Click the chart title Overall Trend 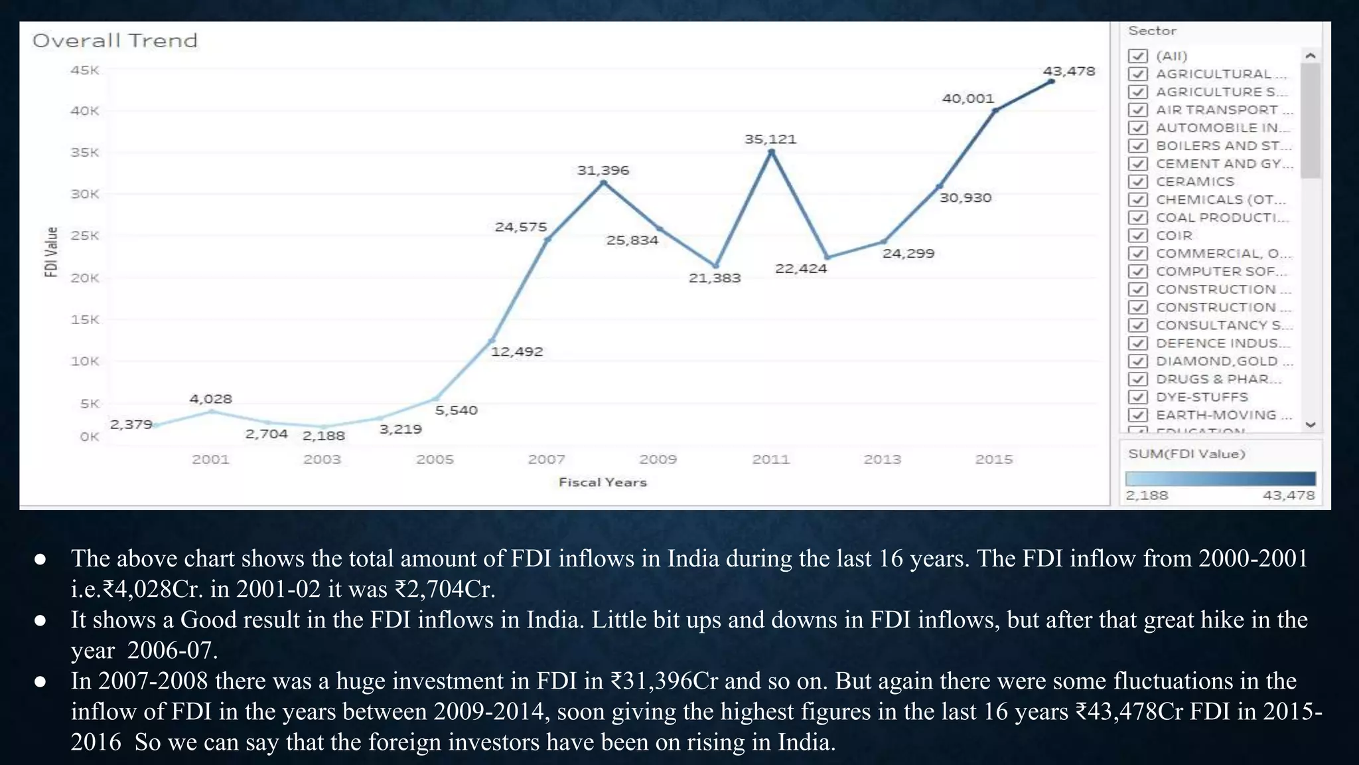click(115, 41)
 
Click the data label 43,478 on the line click(1068, 71)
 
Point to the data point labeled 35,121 click(771, 153)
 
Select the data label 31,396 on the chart click(603, 170)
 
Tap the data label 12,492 click(516, 351)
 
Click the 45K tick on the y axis click(85, 70)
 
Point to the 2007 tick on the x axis click(546, 459)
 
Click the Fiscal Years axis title click(602, 482)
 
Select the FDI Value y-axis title click(51, 252)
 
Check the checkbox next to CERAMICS click(1138, 181)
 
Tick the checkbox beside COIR click(1138, 235)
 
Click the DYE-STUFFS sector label click(1202, 397)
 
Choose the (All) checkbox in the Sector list click(1138, 56)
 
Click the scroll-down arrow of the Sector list click(1310, 424)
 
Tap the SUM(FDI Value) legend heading click(1186, 454)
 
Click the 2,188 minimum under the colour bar click(1147, 495)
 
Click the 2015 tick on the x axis click(993, 459)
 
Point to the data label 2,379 click(131, 424)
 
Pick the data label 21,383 click(714, 278)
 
